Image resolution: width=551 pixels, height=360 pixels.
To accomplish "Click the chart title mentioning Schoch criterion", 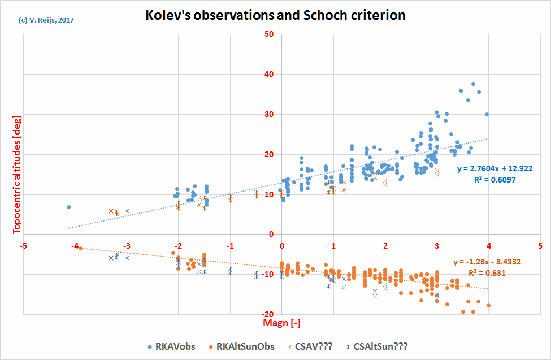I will click(x=275, y=15).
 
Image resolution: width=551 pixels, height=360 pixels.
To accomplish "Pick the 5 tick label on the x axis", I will click(x=540, y=246).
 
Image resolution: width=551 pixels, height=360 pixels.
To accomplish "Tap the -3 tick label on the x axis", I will click(x=127, y=246).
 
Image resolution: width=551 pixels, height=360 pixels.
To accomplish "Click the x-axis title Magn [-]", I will click(x=281, y=323).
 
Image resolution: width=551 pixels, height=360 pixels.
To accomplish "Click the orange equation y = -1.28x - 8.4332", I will click(x=488, y=262).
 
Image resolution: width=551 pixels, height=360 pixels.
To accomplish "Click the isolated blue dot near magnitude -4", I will click(x=68, y=207).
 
